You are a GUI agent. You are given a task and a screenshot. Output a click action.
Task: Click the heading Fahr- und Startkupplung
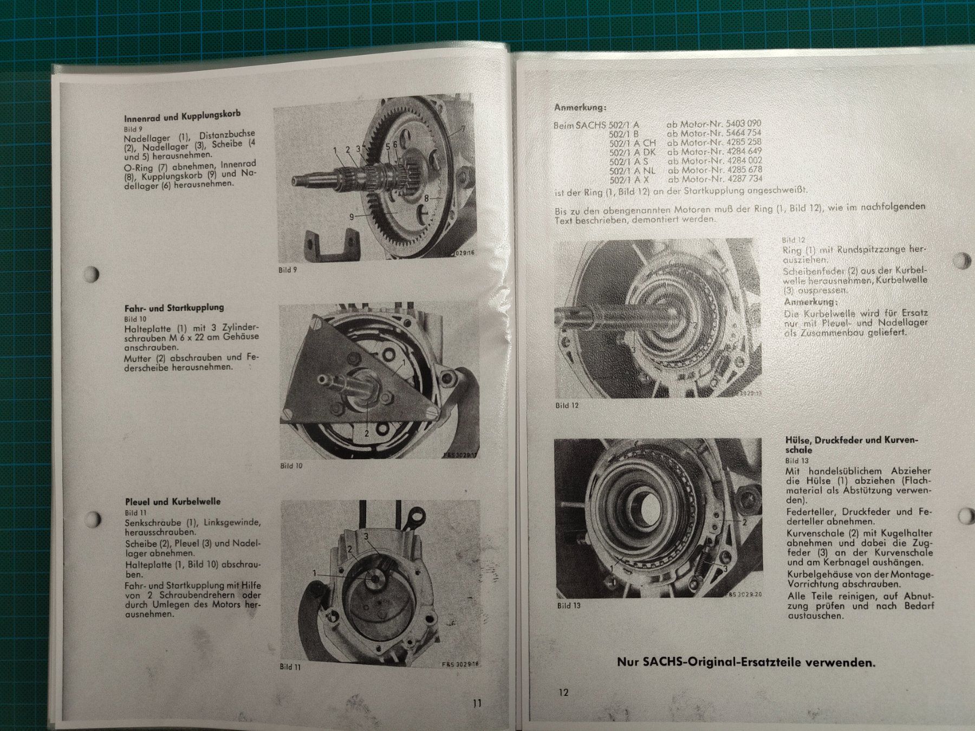click(174, 308)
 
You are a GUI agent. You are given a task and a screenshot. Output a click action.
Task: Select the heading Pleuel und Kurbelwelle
click(173, 501)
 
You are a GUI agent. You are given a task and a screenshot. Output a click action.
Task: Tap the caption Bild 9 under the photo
click(288, 270)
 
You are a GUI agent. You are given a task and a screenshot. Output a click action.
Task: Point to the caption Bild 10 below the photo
click(291, 466)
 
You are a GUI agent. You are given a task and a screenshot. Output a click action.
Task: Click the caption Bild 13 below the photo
click(569, 605)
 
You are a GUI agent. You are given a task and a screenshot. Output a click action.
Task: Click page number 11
click(477, 703)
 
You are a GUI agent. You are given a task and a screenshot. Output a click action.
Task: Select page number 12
click(563, 692)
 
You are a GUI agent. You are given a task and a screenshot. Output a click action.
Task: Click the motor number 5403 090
click(741, 123)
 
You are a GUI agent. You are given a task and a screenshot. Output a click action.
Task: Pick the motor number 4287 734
click(743, 179)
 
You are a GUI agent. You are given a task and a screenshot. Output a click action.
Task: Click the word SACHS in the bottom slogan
click(661, 662)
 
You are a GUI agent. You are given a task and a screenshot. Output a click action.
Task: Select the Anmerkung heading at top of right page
click(580, 107)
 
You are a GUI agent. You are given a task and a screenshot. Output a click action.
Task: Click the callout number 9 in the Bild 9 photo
click(352, 217)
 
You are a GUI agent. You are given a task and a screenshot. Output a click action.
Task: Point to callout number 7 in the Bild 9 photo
click(463, 129)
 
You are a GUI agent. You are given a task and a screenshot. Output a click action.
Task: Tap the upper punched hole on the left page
click(92, 274)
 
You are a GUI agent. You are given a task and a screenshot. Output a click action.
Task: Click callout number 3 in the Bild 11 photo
click(366, 536)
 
